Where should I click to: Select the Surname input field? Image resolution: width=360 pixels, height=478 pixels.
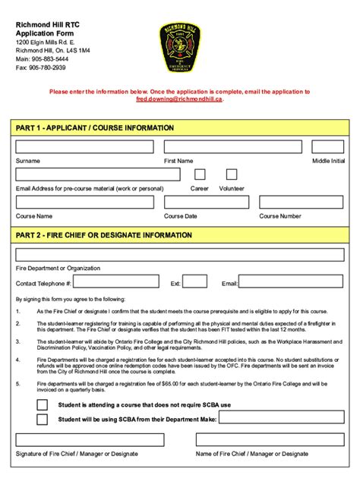click(x=84, y=147)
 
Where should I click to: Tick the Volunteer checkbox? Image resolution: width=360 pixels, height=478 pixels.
click(x=232, y=175)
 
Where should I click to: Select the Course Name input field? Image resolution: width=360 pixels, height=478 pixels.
click(x=84, y=202)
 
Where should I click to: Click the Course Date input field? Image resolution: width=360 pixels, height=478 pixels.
click(x=204, y=202)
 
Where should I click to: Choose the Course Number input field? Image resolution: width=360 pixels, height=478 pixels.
click(x=302, y=202)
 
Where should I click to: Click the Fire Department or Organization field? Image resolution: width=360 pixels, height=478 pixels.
click(x=179, y=255)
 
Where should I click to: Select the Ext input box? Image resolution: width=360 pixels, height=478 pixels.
click(x=195, y=282)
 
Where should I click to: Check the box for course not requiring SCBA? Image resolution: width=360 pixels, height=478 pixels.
click(x=43, y=404)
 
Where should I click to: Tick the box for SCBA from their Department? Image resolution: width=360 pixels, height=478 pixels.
click(x=43, y=419)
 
